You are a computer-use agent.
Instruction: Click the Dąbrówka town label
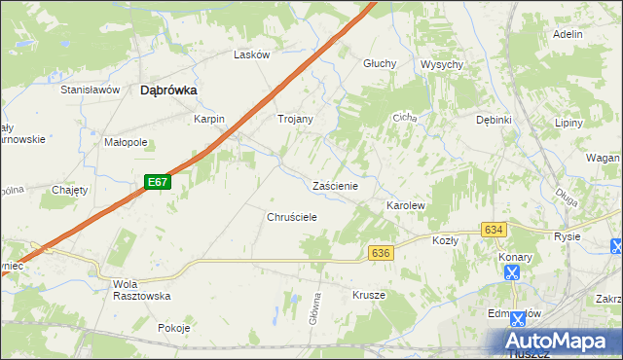point(169,90)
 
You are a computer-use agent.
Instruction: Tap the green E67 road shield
point(159,182)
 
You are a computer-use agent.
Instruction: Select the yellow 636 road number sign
point(381,253)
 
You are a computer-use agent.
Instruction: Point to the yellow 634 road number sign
point(494,230)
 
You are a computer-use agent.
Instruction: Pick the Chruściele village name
point(292,217)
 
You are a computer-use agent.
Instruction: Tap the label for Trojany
point(295,119)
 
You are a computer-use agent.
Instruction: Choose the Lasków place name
point(251,55)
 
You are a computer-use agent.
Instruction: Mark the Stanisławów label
point(90,90)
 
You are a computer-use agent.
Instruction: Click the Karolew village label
point(406,207)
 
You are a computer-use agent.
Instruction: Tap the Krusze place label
point(369,295)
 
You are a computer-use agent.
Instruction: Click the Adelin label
point(568,34)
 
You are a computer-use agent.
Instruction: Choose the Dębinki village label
point(494,120)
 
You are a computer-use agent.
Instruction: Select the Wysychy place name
point(441,64)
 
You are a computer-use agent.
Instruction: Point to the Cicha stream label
point(404,118)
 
